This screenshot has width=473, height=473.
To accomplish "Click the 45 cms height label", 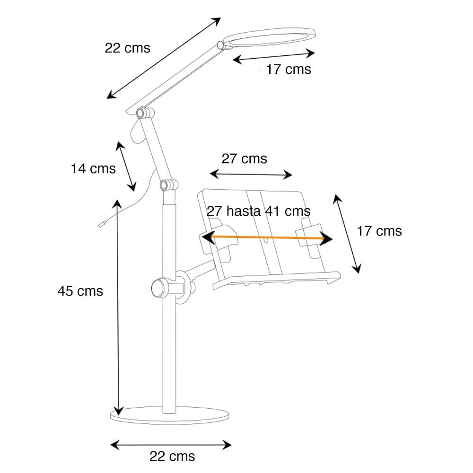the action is (x=80, y=291).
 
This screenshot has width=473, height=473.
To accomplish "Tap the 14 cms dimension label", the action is (x=93, y=168).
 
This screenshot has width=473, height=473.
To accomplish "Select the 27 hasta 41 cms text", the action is (x=258, y=211).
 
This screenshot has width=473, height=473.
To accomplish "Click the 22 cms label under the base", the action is (x=172, y=456).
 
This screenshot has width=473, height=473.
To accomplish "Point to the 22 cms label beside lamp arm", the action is (x=127, y=48).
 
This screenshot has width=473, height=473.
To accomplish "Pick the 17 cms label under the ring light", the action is (x=288, y=70).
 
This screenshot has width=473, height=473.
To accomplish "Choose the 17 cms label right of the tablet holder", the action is (x=379, y=231).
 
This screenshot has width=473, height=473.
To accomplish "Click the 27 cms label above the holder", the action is (x=244, y=158).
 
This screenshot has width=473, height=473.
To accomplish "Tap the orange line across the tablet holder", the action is (x=267, y=238).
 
